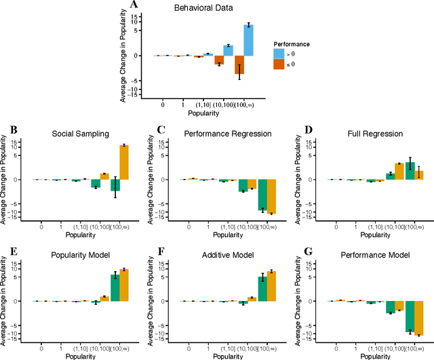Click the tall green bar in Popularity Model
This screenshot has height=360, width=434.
(x=115, y=287)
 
